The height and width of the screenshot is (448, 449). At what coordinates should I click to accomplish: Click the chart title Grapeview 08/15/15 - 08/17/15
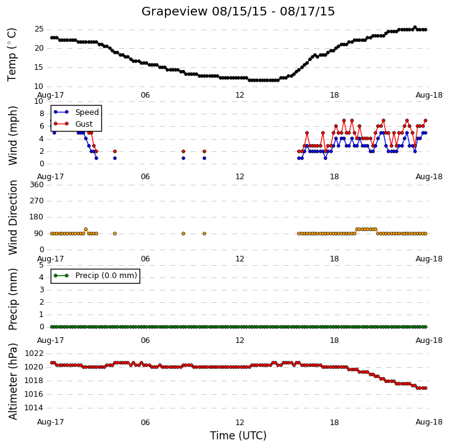point(238,12)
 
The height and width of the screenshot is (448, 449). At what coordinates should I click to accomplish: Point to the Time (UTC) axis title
point(238,436)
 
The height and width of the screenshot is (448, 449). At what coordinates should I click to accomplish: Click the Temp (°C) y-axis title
point(12,55)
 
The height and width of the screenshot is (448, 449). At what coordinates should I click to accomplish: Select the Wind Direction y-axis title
point(13,218)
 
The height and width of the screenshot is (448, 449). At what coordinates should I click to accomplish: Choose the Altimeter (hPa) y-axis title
point(13,381)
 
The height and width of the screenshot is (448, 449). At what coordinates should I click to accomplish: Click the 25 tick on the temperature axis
point(40,29)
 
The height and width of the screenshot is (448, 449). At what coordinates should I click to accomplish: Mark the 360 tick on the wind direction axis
point(37,185)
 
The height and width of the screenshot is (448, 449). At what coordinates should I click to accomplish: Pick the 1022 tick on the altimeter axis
point(34,353)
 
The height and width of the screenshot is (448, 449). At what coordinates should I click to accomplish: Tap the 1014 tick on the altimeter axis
point(34,408)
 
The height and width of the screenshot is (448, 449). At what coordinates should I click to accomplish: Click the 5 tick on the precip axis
point(41,265)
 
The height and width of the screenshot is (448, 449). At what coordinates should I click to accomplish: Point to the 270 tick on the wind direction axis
point(37,201)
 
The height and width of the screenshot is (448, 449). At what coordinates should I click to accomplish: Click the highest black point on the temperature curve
point(415,27)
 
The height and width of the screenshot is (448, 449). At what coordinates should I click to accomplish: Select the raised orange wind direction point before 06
point(86,229)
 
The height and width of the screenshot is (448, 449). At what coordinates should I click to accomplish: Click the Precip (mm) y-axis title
point(13,299)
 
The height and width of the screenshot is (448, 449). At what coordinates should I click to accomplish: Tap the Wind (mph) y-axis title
point(13,135)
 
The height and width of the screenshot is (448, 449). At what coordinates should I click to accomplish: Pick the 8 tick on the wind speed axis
point(42,114)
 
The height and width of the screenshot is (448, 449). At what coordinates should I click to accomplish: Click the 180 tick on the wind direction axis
point(37,217)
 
